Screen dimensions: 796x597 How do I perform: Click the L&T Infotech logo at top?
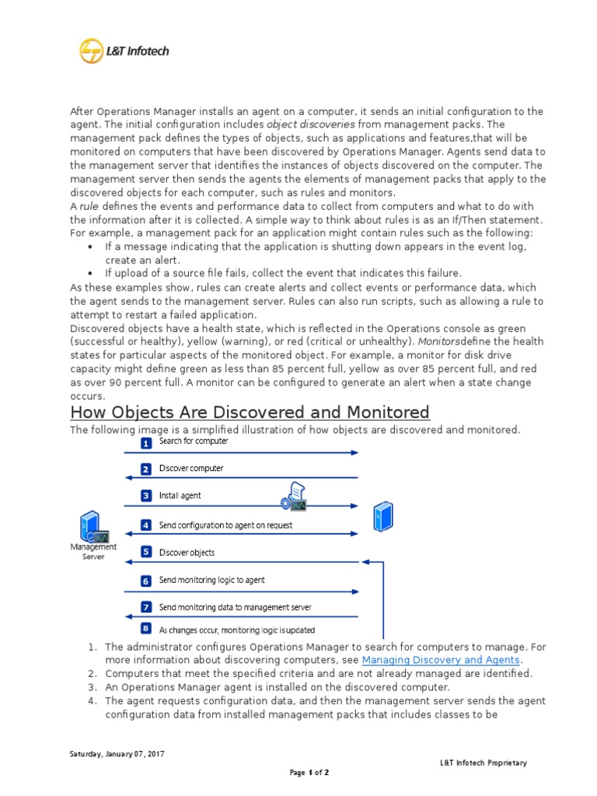tap(124, 52)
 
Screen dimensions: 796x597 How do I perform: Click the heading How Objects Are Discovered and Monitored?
tap(250, 412)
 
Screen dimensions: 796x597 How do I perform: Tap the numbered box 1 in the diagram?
tap(145, 443)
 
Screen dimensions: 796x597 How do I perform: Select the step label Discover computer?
tap(191, 469)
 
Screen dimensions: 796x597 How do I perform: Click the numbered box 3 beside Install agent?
tap(145, 495)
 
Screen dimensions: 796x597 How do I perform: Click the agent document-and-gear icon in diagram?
tap(295, 496)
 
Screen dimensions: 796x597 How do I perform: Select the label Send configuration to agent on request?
tap(225, 525)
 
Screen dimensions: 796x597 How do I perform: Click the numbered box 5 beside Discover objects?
tap(145, 553)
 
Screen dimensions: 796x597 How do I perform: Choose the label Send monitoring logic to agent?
tap(211, 581)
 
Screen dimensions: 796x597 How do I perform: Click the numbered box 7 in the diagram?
tap(145, 607)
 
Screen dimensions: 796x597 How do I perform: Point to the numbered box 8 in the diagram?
tap(145, 628)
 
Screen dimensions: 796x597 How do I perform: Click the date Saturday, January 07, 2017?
tap(117, 754)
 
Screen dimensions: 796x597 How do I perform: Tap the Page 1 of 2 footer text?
tap(309, 773)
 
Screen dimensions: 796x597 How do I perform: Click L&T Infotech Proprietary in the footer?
tap(483, 763)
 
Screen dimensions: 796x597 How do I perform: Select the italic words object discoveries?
tap(311, 124)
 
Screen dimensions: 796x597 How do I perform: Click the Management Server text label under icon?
tap(93, 551)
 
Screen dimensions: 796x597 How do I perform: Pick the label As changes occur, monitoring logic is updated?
tap(236, 630)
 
